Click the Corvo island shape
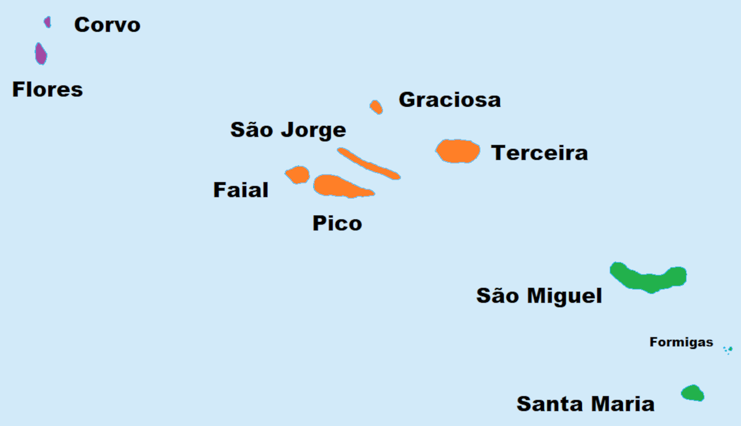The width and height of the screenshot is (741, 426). [x=47, y=22]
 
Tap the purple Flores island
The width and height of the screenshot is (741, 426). [x=41, y=54]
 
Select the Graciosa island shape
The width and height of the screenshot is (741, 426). [x=376, y=107]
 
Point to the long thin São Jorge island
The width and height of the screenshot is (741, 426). [x=368, y=164]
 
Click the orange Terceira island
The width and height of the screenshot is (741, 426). [x=458, y=151]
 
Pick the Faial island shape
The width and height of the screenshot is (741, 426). [x=298, y=174]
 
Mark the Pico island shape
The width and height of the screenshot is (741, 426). [x=338, y=186]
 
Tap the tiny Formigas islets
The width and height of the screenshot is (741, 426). [x=728, y=350]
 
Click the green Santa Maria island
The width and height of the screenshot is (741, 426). [x=693, y=393]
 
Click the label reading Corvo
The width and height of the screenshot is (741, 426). [x=107, y=25]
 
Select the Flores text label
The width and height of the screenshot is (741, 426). [x=47, y=89]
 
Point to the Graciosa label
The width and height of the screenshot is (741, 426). [x=450, y=100]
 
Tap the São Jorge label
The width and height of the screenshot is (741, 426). [x=288, y=130]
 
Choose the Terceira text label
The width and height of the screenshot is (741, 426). [x=539, y=153]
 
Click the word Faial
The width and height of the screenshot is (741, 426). [x=241, y=190]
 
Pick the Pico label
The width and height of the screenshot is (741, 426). [x=337, y=223]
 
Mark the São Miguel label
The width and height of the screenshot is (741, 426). [x=539, y=296]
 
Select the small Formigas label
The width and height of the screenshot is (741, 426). [x=681, y=342]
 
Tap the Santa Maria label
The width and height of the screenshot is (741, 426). [x=585, y=404]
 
